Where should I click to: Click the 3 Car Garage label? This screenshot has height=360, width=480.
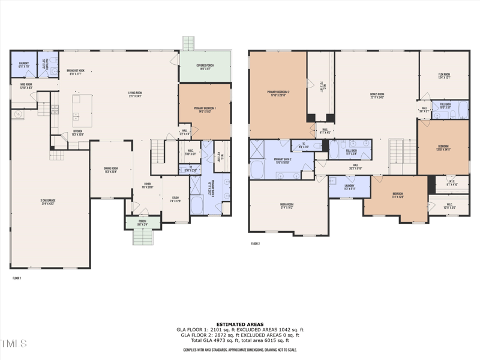pyautogui.click(x=47, y=201)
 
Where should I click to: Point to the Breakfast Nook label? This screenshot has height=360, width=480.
pyautogui.click(x=76, y=71)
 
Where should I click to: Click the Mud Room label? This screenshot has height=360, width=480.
pyautogui.click(x=26, y=86)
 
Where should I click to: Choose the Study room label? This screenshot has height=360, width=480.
pyautogui.click(x=175, y=199)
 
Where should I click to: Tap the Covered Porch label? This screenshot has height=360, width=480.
pyautogui.click(x=205, y=67)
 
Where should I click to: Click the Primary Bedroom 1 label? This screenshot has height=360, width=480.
pyautogui.click(x=205, y=109)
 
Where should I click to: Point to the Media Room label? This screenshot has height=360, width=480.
pyautogui.click(x=287, y=206)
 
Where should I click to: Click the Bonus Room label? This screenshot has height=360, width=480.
pyautogui.click(x=377, y=95)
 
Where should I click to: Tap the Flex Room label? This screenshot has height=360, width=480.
pyautogui.click(x=444, y=76)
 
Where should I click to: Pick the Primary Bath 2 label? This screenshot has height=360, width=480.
pyautogui.click(x=282, y=160)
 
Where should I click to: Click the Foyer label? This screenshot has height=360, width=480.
pyautogui.click(x=146, y=185)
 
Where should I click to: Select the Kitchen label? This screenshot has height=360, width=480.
pyautogui.click(x=78, y=132)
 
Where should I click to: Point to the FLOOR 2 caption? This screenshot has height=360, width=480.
pyautogui.click(x=255, y=244)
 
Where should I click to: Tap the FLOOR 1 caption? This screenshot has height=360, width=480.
pyautogui.click(x=17, y=278)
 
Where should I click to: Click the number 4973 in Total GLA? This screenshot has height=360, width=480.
pyautogui.click(x=216, y=340)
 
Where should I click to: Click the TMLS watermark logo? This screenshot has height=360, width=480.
pyautogui.click(x=13, y=344)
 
